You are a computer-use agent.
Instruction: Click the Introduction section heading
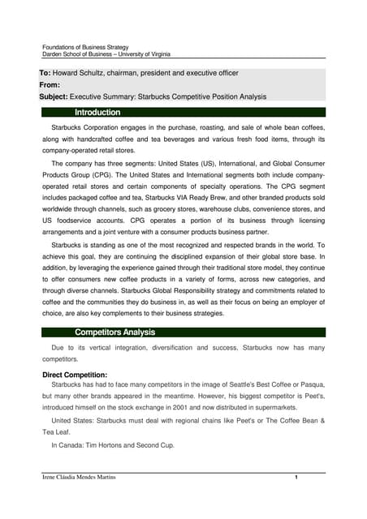pyautogui.click(x=97, y=112)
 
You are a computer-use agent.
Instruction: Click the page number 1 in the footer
pyautogui.click(x=297, y=478)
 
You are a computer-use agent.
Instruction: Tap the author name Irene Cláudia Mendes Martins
pyautogui.click(x=79, y=478)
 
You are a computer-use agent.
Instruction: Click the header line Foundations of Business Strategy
pyautogui.click(x=85, y=48)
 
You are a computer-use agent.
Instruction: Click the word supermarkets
pyautogui.click(x=298, y=408)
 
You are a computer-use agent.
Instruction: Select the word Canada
pyautogui.click(x=72, y=445)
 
